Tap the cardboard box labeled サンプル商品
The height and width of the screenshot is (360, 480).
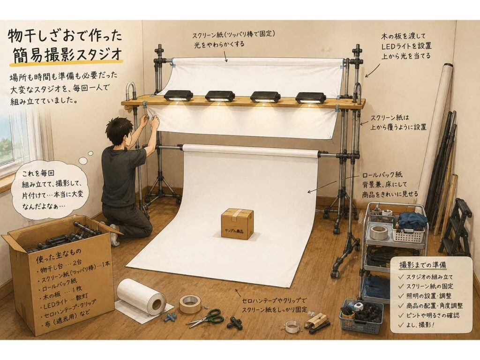pyautogui.click(x=238, y=224)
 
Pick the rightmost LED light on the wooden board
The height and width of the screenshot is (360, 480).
pyautogui.click(x=310, y=97)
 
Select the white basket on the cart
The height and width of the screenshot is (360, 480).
pyautogui.click(x=409, y=231)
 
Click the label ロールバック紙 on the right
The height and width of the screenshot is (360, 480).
pyautogui.click(x=382, y=175)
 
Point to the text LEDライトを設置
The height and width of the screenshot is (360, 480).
pyautogui.click(x=406, y=46)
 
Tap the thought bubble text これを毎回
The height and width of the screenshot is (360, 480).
pyautogui.click(x=38, y=173)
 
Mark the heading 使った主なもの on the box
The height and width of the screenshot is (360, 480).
pyautogui.click(x=59, y=253)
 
